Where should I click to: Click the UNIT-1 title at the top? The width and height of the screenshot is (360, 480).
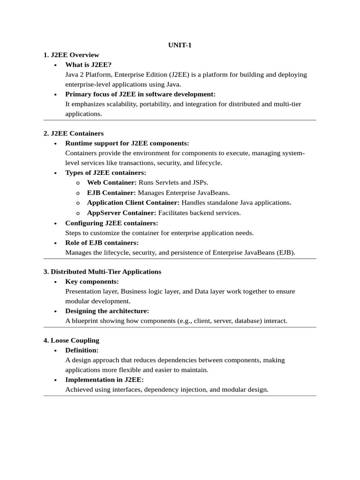coord(180,45)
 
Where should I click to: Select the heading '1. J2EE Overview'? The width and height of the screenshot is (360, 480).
coord(71,55)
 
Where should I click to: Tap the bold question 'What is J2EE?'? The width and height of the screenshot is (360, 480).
coord(88,65)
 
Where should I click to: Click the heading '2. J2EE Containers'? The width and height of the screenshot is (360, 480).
coord(74,133)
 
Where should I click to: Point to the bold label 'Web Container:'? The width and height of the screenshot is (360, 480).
coord(112,182)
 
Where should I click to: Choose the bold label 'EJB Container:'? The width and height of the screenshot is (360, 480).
coord(112,193)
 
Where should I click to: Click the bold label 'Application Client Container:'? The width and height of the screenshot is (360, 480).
coord(133,202)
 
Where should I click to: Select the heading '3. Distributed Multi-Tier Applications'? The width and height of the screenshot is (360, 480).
coord(102,271)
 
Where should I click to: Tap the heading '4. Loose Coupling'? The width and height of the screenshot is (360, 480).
coord(71,340)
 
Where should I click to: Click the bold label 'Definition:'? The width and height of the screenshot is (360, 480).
coord(82,350)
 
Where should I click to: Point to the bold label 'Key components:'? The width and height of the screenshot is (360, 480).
coord(92,281)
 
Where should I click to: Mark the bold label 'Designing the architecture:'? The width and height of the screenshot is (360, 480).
coord(107,311)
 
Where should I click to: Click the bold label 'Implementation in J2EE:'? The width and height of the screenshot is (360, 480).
coord(105,380)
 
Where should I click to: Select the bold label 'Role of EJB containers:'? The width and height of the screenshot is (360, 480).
coord(102,242)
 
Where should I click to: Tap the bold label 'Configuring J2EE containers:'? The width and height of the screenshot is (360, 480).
coord(112,223)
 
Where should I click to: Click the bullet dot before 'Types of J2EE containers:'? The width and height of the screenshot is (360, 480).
coord(55,173)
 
